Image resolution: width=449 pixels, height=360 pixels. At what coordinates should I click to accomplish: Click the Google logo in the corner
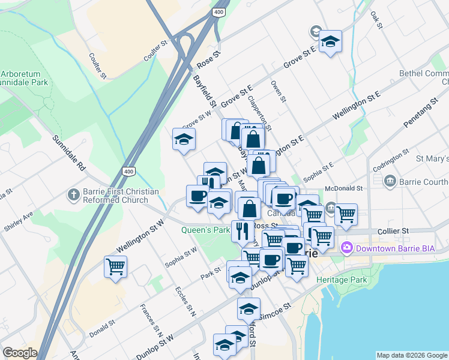coord(20,353)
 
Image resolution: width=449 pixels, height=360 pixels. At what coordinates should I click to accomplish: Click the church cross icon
coord(73,194)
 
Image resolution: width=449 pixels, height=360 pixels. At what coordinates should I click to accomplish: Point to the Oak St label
coord(376,19)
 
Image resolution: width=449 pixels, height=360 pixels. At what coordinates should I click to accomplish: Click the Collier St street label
coord(393,230)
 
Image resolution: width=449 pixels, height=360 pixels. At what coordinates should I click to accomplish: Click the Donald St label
coord(102,329)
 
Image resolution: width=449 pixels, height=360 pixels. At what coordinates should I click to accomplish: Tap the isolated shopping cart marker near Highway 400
coord(115,266)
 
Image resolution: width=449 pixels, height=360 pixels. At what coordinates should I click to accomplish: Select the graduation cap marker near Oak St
coord(330,41)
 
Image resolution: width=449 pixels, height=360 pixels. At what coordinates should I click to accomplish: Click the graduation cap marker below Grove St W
coord(184,140)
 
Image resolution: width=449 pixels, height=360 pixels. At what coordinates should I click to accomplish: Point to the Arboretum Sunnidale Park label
coord(24,76)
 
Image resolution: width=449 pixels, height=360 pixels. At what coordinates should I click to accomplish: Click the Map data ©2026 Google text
coord(411,355)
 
